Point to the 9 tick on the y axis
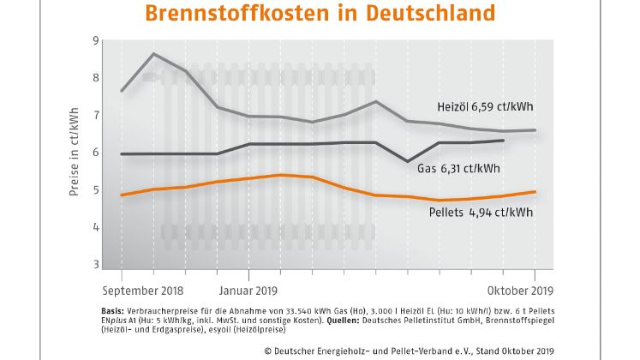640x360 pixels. pos(94,40)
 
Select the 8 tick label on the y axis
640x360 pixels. pos(94,77)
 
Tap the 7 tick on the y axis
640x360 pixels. pos(94,115)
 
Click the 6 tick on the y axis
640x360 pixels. pos(94,153)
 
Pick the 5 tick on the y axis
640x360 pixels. pos(94,190)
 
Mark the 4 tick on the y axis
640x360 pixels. pos(94,227)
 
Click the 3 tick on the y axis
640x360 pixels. pos(94,265)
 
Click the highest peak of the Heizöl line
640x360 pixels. pos(153,54)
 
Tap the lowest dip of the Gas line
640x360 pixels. pos(408,160)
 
